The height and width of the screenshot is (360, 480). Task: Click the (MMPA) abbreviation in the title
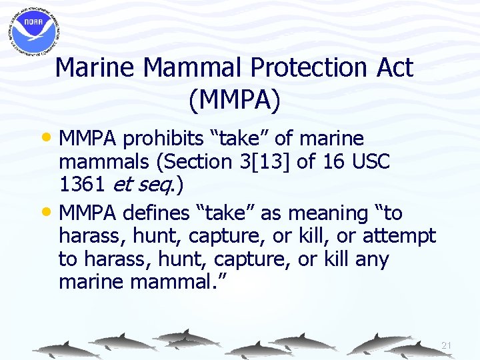pyautogui.click(x=235, y=100)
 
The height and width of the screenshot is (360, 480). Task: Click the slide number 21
pyautogui.click(x=446, y=345)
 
